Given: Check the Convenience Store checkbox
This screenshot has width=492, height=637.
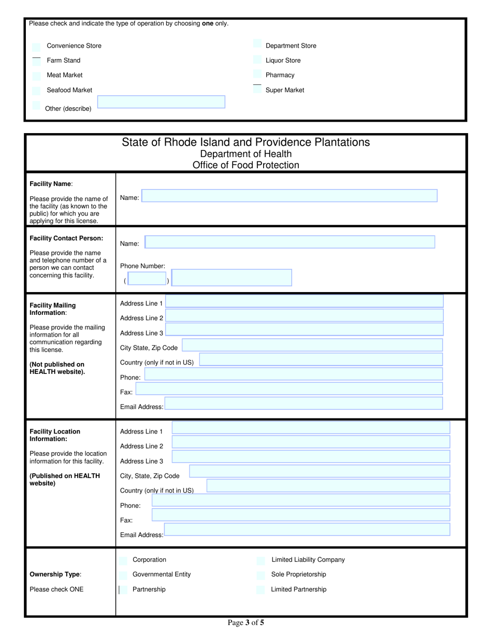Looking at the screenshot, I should click(x=36, y=46).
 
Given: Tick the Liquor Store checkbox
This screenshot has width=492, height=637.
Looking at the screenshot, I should click(x=257, y=61).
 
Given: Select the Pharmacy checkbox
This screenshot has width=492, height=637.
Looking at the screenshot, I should click(x=257, y=75).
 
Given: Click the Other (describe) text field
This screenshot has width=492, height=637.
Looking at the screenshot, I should click(x=161, y=102).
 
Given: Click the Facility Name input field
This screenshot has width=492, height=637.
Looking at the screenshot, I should click(x=290, y=196).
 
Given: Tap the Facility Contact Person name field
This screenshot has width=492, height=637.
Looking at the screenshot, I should click(x=290, y=242).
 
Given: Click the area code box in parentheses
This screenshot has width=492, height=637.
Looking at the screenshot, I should click(x=147, y=279).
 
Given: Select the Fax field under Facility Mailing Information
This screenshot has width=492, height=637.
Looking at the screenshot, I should click(x=289, y=389).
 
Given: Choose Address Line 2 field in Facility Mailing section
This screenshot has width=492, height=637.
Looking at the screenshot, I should click(x=305, y=315).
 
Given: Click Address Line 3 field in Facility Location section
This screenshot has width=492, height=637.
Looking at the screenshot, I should click(x=311, y=456).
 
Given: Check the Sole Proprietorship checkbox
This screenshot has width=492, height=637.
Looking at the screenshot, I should click(x=261, y=575).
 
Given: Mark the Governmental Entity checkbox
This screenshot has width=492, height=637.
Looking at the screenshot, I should click(x=123, y=575).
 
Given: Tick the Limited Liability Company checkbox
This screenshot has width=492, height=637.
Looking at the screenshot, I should click(x=261, y=560).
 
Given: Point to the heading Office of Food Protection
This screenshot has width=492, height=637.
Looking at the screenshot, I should click(x=245, y=166).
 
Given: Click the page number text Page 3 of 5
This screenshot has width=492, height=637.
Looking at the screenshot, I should click(x=246, y=623).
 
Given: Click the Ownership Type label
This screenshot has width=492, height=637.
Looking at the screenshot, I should click(x=55, y=574).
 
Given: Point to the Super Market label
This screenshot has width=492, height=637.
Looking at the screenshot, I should click(x=285, y=90).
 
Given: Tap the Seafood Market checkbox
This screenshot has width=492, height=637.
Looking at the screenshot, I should click(x=36, y=91).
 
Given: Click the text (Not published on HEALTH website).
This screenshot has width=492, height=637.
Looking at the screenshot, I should click(x=57, y=368).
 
